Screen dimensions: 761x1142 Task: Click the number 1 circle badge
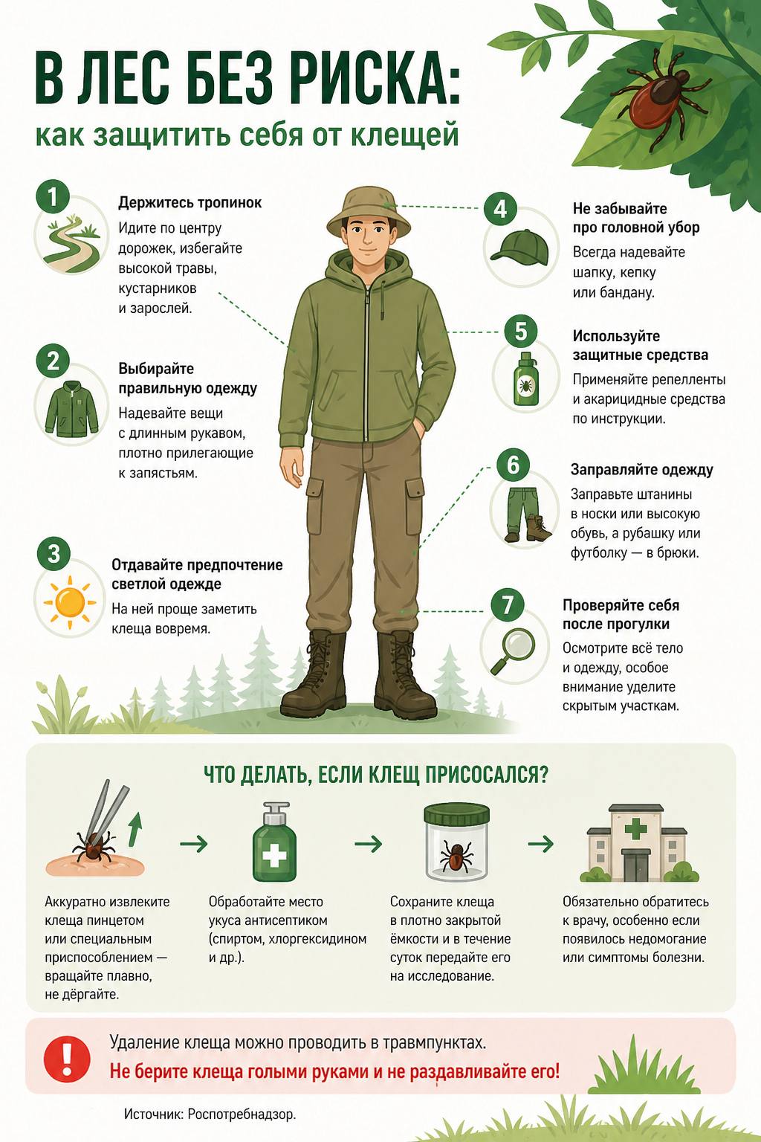point(52,196)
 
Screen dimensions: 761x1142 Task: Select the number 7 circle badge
point(507,605)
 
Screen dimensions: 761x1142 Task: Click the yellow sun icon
point(70,602)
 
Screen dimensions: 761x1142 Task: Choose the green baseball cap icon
point(519,245)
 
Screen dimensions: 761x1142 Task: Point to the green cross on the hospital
point(635,828)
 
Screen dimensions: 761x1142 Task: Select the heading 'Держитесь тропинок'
point(190,202)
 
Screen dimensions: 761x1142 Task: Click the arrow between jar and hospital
point(541,844)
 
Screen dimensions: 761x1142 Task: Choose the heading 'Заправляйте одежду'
point(642,470)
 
